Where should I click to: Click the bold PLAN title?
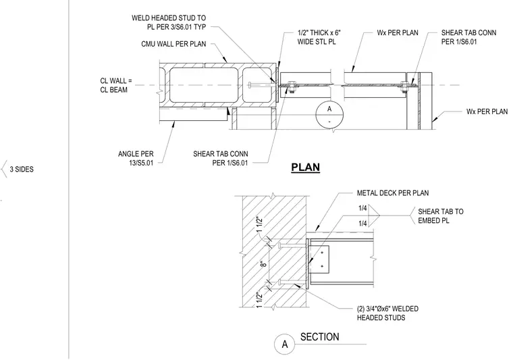point(306,168)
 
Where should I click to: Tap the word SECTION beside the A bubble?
point(320,337)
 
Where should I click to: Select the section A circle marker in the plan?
point(329,115)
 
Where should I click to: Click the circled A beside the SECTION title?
point(285,344)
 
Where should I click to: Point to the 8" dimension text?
point(265,263)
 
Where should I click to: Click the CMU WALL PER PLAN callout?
point(173,44)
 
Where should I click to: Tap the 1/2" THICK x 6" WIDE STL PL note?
point(319,37)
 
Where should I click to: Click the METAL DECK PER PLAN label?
point(393,193)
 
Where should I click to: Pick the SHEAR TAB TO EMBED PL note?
point(441,216)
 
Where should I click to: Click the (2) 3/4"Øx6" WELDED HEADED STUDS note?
point(387,313)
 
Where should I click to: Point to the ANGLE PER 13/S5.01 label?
point(136,158)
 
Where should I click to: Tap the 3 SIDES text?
point(22,170)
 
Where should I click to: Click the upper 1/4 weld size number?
point(362,208)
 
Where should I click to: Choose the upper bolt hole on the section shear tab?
point(322,253)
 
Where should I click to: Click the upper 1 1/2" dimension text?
point(259,224)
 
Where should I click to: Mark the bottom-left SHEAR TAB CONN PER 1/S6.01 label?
point(221,159)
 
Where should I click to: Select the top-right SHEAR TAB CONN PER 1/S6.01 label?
point(468,37)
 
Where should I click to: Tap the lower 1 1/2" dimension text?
point(259,300)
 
